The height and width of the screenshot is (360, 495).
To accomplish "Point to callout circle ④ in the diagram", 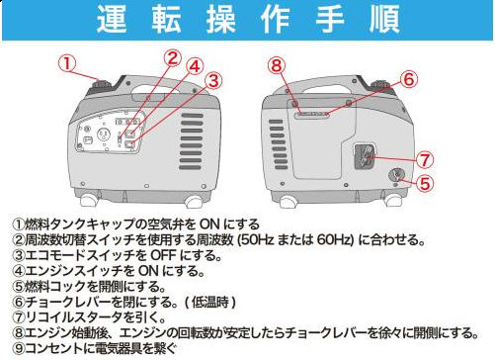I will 195,67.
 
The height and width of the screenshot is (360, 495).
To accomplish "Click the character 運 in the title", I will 114,19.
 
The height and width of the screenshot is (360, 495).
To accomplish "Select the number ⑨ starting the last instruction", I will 18,350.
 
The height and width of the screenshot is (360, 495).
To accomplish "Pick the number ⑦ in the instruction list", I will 18,318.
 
